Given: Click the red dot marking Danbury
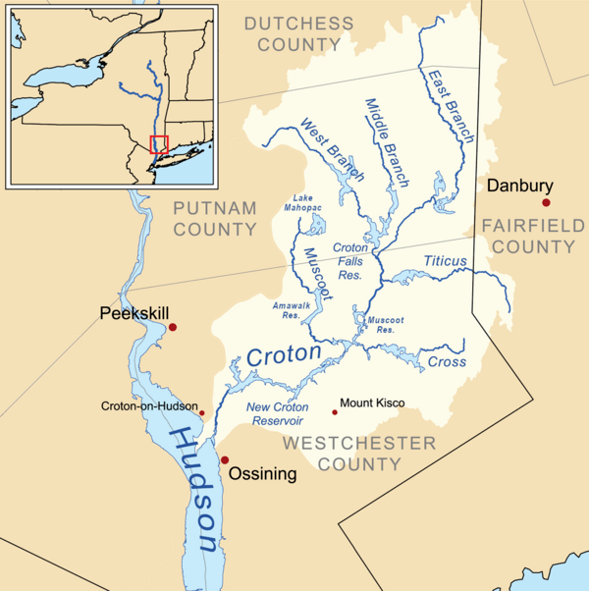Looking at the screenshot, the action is click(x=546, y=203).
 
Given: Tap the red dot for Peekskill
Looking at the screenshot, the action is click(x=173, y=327).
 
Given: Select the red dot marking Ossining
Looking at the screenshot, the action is click(x=224, y=459).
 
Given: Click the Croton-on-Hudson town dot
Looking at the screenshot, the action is click(x=202, y=413).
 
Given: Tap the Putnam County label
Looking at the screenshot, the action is click(x=215, y=218).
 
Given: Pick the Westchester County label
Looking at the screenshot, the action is click(x=359, y=454).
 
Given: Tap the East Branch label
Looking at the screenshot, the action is click(x=452, y=105).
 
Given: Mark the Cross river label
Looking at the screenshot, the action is click(x=447, y=362).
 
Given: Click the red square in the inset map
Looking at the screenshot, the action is click(x=159, y=144).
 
